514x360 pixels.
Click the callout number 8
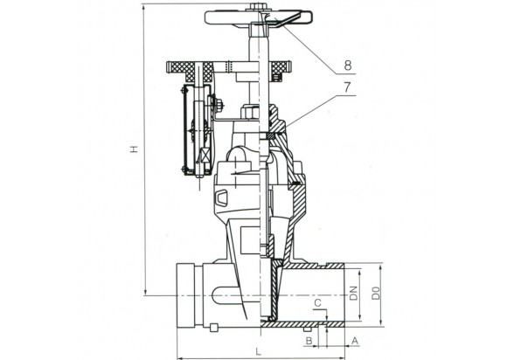coord(348,66)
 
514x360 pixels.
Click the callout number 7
coord(347,87)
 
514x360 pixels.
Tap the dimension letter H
coord(134,149)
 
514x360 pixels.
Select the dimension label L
coord(259,352)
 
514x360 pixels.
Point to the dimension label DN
coord(353,294)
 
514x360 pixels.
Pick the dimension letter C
coord(317,304)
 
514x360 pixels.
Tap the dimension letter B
coord(309,341)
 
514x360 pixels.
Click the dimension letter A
coord(355,341)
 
